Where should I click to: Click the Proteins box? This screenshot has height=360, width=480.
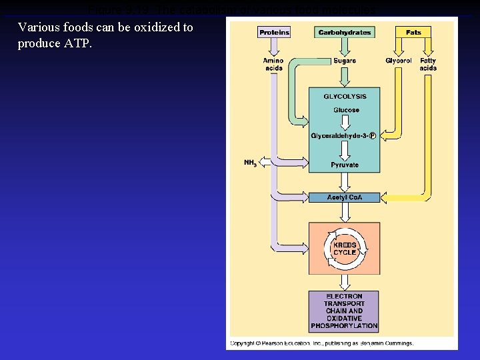point(274,32)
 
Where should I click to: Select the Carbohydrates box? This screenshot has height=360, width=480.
point(344,32)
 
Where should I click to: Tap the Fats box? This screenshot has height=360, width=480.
point(413,32)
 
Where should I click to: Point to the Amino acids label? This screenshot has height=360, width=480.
point(273,64)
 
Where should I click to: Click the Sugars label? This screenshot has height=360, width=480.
point(345,61)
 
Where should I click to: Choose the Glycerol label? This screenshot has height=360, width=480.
point(398,61)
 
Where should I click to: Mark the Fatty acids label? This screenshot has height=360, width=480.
point(428,64)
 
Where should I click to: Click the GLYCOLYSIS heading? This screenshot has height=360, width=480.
point(345,97)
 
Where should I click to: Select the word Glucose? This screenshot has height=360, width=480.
point(345,110)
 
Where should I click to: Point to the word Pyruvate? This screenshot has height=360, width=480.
point(345,165)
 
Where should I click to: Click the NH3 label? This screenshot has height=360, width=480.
point(250,163)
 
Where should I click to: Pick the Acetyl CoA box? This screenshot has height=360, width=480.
point(344,197)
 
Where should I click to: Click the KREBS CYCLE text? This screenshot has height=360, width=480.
point(345,249)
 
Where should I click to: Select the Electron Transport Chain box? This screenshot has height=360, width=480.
point(344,311)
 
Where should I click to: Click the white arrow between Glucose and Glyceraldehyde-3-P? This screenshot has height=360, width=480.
point(345,123)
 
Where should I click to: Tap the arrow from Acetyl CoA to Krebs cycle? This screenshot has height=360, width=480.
point(345,212)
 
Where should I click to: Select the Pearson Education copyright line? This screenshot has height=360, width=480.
point(322,343)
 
